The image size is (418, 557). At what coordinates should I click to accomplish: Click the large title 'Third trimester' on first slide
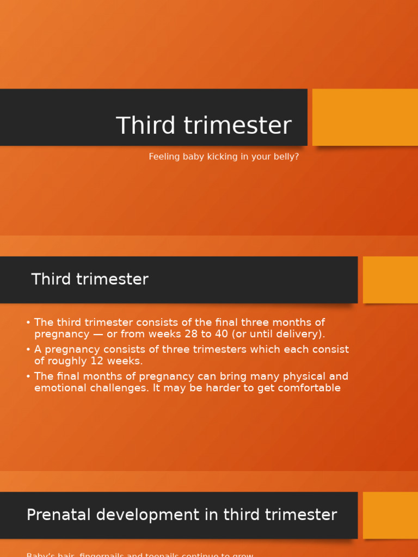pyautogui.click(x=204, y=126)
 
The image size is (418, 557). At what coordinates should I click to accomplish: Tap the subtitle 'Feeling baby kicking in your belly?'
pyautogui.click(x=224, y=157)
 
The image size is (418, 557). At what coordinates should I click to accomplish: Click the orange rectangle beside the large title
pyautogui.click(x=365, y=117)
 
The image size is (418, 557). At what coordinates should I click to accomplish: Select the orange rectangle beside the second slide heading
pyautogui.click(x=390, y=280)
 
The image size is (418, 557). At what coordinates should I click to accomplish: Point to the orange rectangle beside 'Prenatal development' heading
pyautogui.click(x=390, y=515)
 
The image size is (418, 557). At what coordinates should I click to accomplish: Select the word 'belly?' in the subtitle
pyautogui.click(x=287, y=157)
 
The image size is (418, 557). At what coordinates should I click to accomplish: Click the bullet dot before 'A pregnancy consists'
pyautogui.click(x=28, y=350)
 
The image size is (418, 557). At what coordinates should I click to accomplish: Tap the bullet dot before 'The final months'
pyautogui.click(x=28, y=376)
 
